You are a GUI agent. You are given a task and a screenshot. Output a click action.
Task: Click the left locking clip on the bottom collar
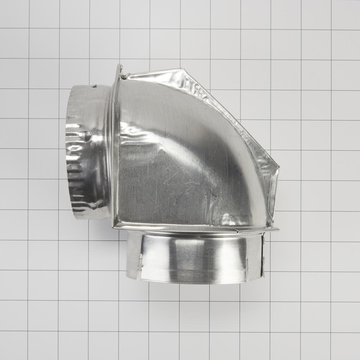[x=139, y=266]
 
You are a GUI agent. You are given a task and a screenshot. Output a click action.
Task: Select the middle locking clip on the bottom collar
[x=247, y=268]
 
